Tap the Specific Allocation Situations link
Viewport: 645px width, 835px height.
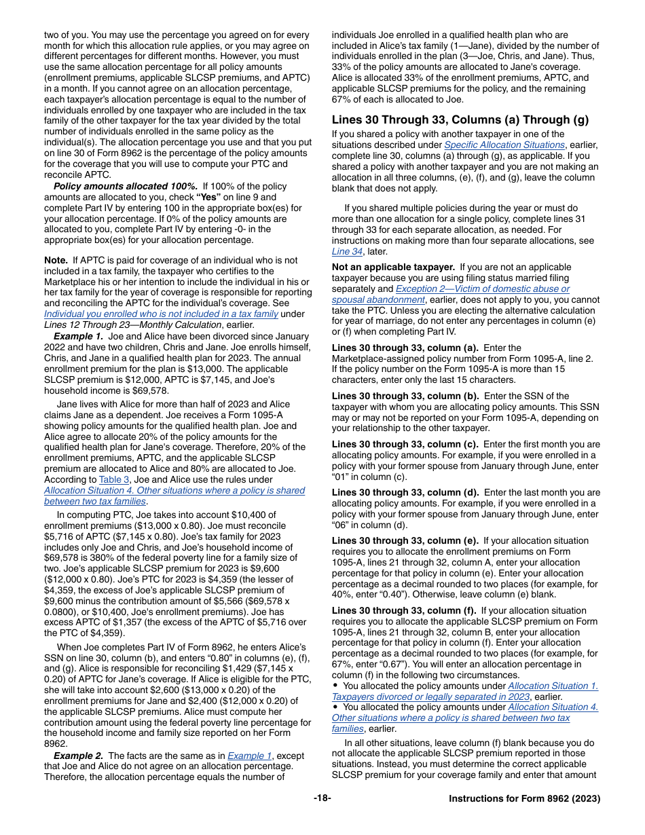(504, 145)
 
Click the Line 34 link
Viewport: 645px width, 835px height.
(346, 251)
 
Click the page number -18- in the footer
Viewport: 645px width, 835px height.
(322, 798)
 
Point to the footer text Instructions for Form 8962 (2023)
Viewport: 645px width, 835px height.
(524, 799)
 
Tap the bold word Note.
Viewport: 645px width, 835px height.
(56, 260)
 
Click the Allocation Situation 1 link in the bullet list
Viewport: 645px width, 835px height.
(553, 686)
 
